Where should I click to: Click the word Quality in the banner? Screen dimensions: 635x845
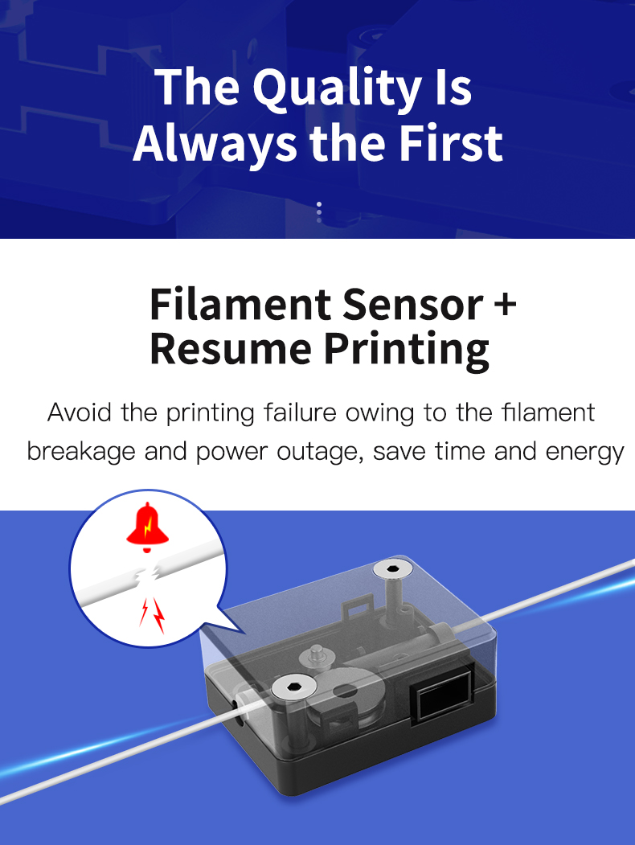337,88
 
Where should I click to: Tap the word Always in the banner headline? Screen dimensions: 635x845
215,145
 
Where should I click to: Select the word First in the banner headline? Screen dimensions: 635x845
451,143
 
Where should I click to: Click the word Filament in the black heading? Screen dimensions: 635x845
240,304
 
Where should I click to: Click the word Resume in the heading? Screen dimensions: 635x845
231,348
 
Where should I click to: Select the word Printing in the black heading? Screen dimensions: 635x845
406,351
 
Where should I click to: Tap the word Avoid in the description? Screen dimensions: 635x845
80,412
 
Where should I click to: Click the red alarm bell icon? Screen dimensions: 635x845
148,527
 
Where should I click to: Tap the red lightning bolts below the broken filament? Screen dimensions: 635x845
153,615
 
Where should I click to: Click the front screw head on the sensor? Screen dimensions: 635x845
293,687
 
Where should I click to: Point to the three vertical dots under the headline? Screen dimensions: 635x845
319,212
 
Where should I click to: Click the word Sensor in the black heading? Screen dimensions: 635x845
413,304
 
